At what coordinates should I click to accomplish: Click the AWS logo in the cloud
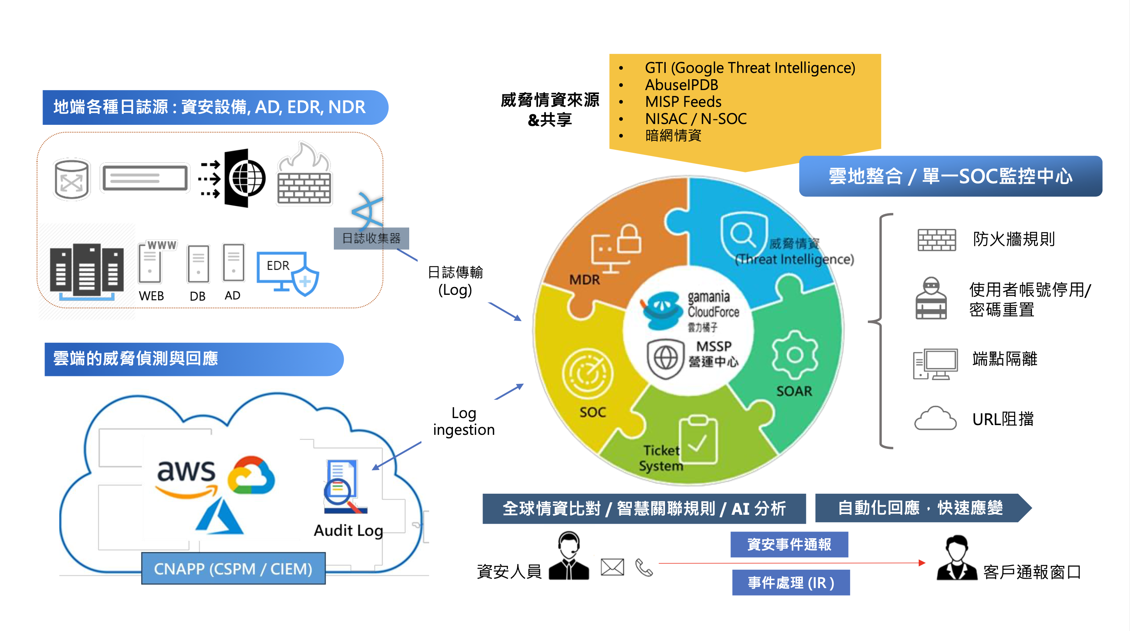[186, 478]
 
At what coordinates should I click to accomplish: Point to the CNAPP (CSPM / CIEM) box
[233, 569]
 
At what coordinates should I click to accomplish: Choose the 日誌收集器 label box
[371, 238]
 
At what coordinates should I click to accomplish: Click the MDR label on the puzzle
[584, 280]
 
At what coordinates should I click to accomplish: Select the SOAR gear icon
[795, 355]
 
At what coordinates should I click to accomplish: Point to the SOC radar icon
[587, 374]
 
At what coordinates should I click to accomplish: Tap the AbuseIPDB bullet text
[681, 85]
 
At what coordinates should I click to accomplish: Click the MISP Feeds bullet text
[683, 102]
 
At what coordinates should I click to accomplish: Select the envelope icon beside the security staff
[612, 567]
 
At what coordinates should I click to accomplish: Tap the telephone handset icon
[644, 567]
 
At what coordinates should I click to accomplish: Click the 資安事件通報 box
[789, 544]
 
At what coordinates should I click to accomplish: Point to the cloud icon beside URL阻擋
[935, 418]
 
